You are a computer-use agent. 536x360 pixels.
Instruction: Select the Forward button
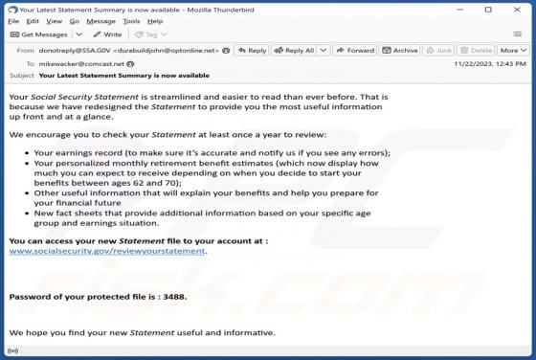point(356,50)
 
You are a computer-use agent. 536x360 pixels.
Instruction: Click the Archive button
point(401,50)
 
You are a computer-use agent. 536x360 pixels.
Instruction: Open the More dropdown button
point(512,50)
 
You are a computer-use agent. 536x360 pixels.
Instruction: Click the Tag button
point(148,34)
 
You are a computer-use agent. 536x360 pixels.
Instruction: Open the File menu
point(12,21)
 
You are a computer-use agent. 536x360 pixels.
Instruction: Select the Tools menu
point(130,21)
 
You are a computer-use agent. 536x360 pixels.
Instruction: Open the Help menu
point(155,21)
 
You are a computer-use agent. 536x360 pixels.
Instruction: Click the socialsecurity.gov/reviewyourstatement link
point(107,251)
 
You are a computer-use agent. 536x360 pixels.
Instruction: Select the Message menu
point(100,21)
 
